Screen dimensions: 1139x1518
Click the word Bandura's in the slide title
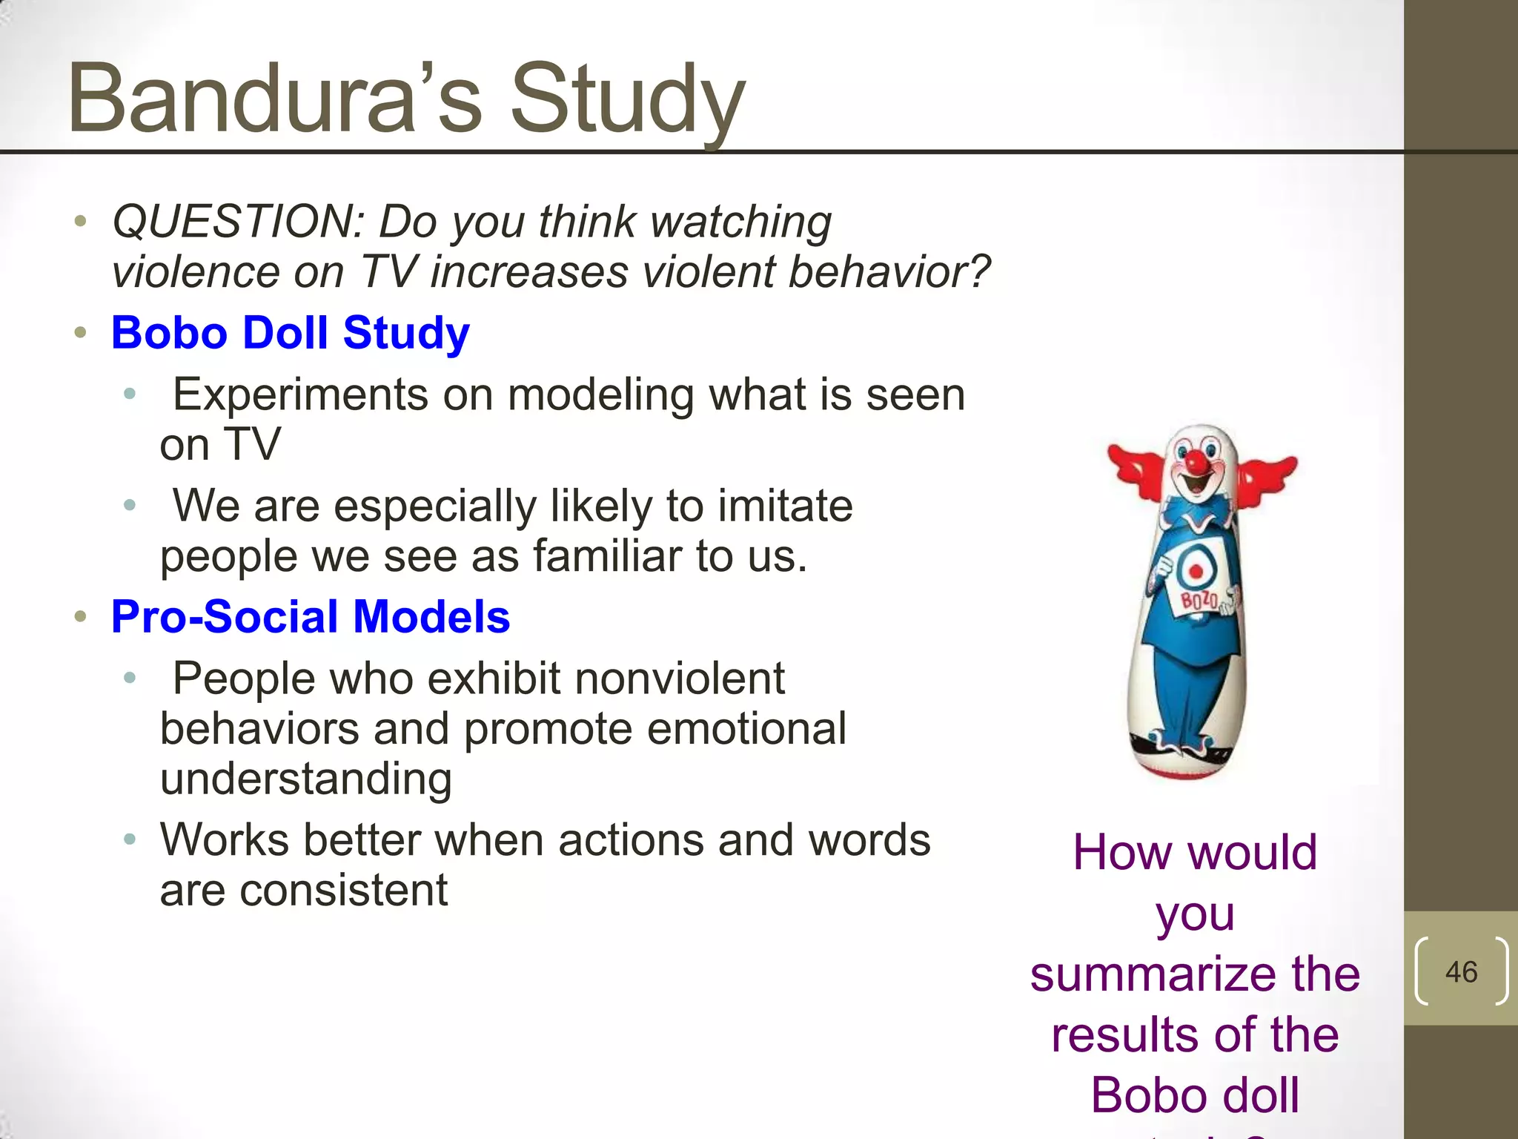[274, 98]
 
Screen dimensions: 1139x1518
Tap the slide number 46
[1461, 971]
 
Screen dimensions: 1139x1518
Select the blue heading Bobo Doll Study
[290, 332]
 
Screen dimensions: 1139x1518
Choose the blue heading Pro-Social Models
[311, 616]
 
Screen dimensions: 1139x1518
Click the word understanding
[305, 779]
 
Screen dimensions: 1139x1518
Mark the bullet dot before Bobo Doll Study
[80, 332]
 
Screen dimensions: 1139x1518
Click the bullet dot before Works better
[130, 839]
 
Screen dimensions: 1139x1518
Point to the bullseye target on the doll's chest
[1196, 570]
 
